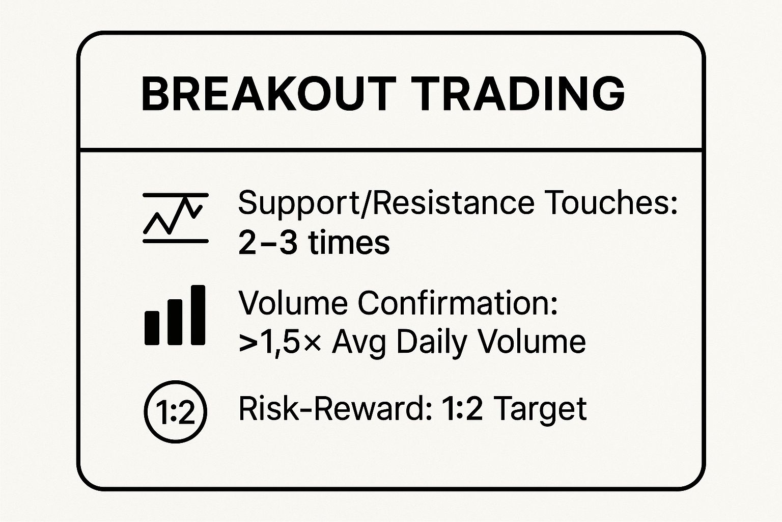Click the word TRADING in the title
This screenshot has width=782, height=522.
[x=517, y=94]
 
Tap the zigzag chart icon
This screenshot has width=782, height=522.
[x=176, y=218]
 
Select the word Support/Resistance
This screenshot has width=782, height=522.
[x=386, y=203]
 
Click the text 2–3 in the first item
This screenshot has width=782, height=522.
[x=268, y=243]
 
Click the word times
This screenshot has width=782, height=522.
[x=349, y=243]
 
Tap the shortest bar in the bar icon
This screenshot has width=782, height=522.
[x=152, y=328]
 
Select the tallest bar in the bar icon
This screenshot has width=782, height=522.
[x=198, y=315]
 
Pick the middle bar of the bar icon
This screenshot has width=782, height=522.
[x=175, y=322]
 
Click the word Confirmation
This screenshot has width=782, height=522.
[x=458, y=303]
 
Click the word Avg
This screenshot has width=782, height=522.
[x=359, y=344]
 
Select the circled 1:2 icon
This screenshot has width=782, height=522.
[x=175, y=411]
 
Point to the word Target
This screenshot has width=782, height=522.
[x=541, y=411]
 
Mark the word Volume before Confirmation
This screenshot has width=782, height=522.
[x=293, y=303]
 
